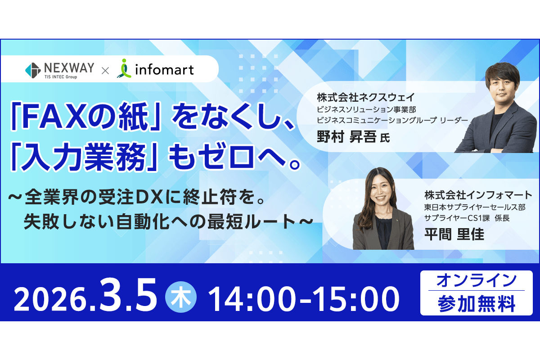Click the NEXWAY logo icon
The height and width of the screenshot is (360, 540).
[x=33, y=70]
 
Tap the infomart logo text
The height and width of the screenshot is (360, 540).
[x=164, y=70]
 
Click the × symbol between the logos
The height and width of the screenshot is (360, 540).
[x=105, y=70]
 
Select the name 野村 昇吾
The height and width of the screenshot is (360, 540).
[x=346, y=137]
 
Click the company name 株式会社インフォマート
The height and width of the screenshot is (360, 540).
[x=478, y=196]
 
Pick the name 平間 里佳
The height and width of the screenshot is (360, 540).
[x=454, y=234]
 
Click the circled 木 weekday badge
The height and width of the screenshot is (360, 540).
[x=181, y=297]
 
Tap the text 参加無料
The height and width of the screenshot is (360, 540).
[x=477, y=304]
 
